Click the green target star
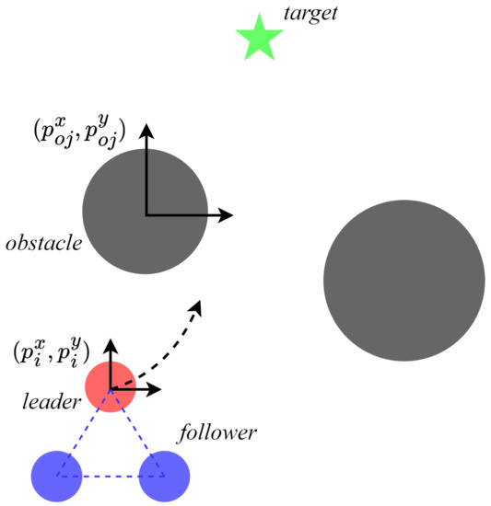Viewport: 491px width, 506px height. coord(258,40)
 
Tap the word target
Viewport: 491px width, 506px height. coord(312,14)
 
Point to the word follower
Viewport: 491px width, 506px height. coord(218,431)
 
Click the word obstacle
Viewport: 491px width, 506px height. coord(43,244)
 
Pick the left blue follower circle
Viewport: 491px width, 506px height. coord(58,476)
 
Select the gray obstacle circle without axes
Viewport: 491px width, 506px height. coord(403,279)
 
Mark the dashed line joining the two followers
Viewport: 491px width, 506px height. coord(111,477)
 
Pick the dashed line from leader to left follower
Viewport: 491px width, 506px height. coord(85,431)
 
